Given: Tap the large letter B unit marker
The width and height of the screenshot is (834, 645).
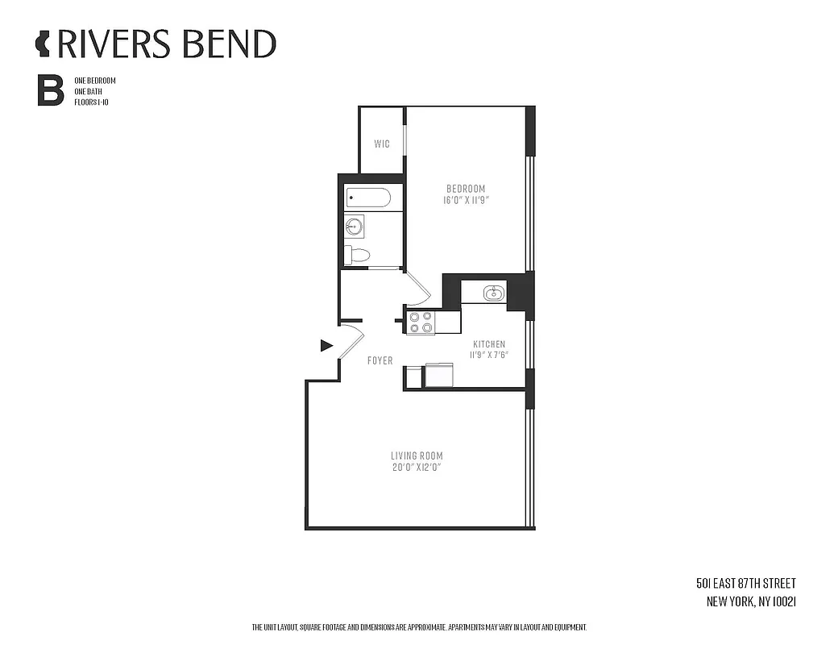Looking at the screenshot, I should click(x=50, y=91).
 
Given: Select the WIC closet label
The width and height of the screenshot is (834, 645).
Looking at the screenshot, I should click(x=382, y=144).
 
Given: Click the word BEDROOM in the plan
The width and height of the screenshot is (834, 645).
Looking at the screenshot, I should click(x=467, y=189).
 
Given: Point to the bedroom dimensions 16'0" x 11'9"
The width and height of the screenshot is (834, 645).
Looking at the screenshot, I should click(x=467, y=200).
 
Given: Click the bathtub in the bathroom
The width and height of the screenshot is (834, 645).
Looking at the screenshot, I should click(x=368, y=198).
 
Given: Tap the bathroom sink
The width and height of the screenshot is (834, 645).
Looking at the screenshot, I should click(x=355, y=226).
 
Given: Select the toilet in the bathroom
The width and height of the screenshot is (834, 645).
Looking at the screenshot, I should click(x=356, y=256).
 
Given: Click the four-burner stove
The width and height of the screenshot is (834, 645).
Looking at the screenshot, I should click(x=420, y=322).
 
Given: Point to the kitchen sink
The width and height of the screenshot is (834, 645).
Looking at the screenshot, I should click(x=494, y=293).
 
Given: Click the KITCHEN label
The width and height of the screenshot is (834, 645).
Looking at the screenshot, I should click(x=488, y=344).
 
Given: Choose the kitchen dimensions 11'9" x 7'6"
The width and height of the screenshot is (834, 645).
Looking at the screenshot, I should click(x=488, y=355).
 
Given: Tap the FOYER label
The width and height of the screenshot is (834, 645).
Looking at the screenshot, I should click(x=380, y=360).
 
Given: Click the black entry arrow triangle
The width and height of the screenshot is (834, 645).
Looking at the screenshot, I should click(x=326, y=346).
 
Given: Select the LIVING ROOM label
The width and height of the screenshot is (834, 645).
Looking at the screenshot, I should click(x=417, y=456).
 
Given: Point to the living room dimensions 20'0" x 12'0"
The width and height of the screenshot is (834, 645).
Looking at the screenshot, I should click(x=417, y=467).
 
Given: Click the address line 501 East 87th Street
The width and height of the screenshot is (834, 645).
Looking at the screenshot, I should click(x=745, y=583).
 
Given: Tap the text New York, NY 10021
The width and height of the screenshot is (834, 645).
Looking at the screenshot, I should click(x=751, y=601).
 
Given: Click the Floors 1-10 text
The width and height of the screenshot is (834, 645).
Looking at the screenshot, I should click(x=91, y=102).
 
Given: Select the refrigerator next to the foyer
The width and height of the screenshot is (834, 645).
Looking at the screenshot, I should click(x=439, y=377).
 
